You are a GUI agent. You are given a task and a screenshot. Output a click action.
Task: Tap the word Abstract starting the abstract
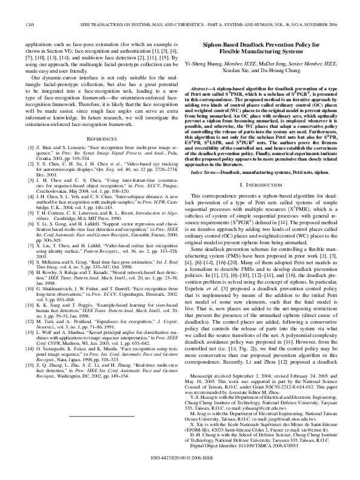pyautogui.click(x=214, y=88)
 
